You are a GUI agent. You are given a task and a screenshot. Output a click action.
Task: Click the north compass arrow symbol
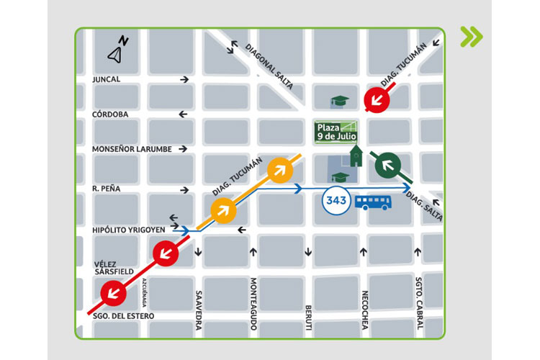tap(117, 50)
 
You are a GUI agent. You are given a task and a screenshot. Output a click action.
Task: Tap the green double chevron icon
tap(472, 37)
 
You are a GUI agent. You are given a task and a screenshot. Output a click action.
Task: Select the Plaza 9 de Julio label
tap(336, 131)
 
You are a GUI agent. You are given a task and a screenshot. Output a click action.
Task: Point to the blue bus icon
tap(374, 201)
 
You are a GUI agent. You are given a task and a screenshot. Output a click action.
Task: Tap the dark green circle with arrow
tap(389, 166)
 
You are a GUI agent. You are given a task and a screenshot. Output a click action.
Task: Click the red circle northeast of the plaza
tap(377, 99)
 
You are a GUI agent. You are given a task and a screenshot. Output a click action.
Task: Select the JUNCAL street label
tap(107, 79)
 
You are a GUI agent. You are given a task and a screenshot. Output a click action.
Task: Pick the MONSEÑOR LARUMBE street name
tap(132, 149)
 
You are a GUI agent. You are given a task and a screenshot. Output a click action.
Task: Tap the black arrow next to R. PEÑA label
tap(185, 190)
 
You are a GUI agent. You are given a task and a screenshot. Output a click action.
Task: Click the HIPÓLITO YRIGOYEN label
tap(129, 230)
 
